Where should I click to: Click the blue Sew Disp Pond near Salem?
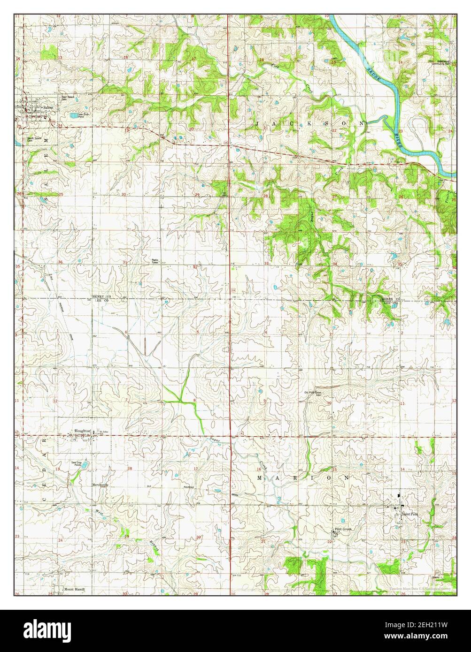[74, 115]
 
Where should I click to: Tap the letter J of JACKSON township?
[259, 123]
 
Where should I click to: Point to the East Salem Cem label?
[68, 98]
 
